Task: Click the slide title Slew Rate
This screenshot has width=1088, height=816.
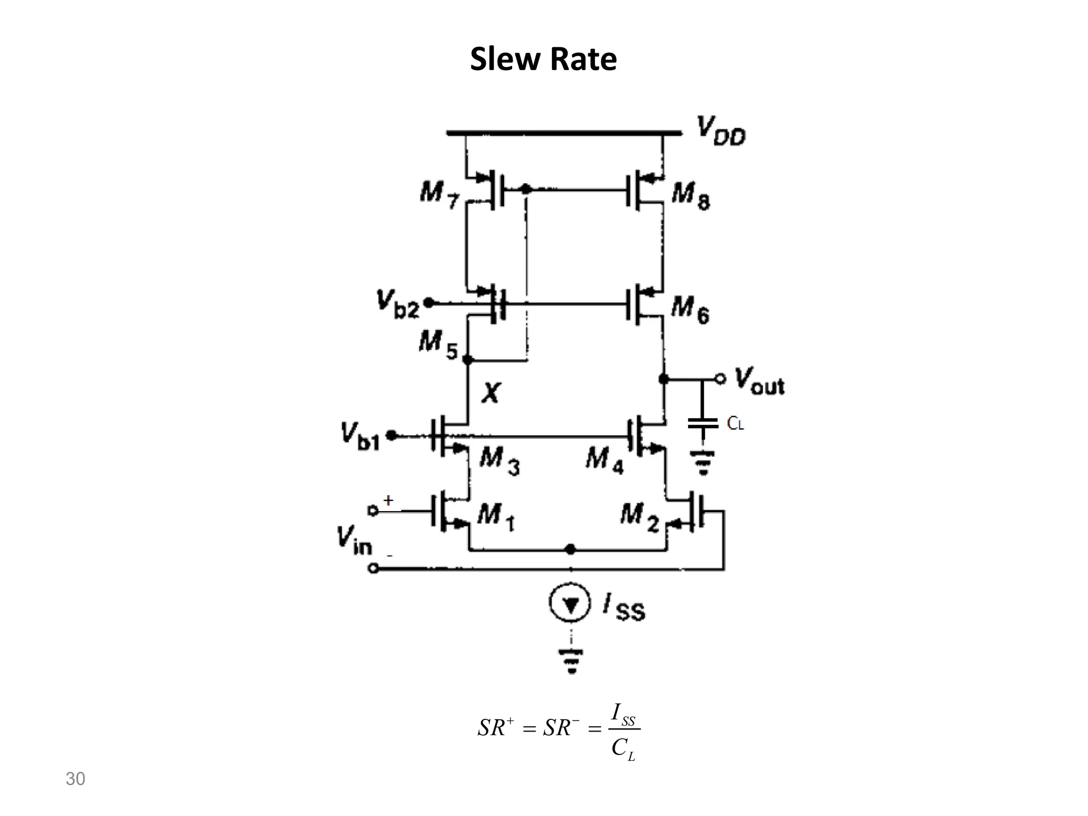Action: pyautogui.click(x=543, y=59)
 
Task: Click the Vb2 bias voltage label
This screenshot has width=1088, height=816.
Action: pyautogui.click(x=398, y=304)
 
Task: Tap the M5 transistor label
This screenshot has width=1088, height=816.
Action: pyautogui.click(x=438, y=344)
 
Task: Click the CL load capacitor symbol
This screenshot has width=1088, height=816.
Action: pyautogui.click(x=702, y=423)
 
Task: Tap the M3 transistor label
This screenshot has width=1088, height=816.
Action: pyautogui.click(x=499, y=461)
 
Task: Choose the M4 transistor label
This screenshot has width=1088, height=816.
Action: pyautogui.click(x=605, y=460)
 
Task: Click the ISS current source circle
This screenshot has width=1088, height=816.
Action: pyautogui.click(x=571, y=603)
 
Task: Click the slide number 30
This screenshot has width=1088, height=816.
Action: pyautogui.click(x=75, y=779)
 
